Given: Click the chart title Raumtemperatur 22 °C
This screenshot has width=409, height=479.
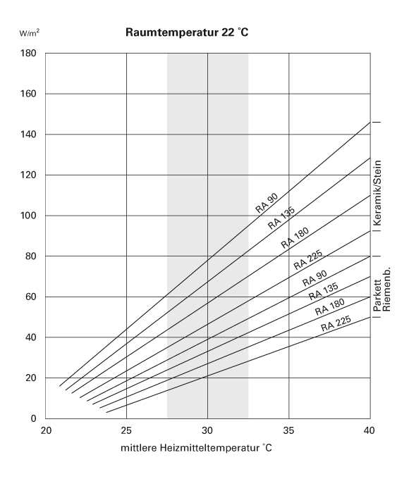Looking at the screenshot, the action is coord(187,32).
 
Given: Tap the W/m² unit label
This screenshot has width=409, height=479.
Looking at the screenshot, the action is coord(29,32).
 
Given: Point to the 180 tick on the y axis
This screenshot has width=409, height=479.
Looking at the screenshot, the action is coord(28,53).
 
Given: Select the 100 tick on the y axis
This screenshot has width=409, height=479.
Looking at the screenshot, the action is coord(28,216).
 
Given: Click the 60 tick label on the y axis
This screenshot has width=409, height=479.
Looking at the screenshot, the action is coord(30,297).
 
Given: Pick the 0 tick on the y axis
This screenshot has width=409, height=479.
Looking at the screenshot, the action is coord(33,418).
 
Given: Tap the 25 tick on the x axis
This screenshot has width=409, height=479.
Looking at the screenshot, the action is coord(126,430).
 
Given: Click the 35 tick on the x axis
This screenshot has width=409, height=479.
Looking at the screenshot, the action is coord(288,430).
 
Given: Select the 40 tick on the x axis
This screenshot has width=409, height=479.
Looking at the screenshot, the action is coord(370,430).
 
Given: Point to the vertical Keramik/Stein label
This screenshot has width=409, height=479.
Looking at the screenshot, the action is coord(378,193).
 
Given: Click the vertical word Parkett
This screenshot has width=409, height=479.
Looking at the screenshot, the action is coord(377,295).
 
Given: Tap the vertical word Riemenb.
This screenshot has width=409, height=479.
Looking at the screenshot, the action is coord(386,290).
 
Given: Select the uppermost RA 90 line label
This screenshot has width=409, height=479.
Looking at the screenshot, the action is coord(267,203).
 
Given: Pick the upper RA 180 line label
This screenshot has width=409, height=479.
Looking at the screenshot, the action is coord(295,238).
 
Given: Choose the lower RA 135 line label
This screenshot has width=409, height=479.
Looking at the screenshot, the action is coord(324,291).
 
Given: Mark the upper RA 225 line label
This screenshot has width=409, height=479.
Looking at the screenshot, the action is coord(308,260).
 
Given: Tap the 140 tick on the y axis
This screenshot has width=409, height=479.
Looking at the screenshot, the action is coord(28,135).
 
